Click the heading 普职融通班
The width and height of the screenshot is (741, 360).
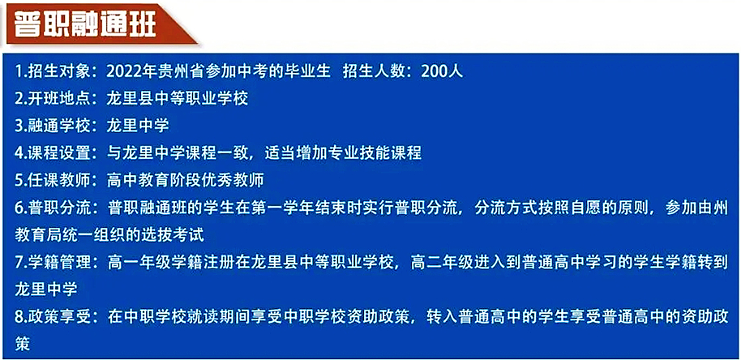pyautogui.click(x=85, y=24)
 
